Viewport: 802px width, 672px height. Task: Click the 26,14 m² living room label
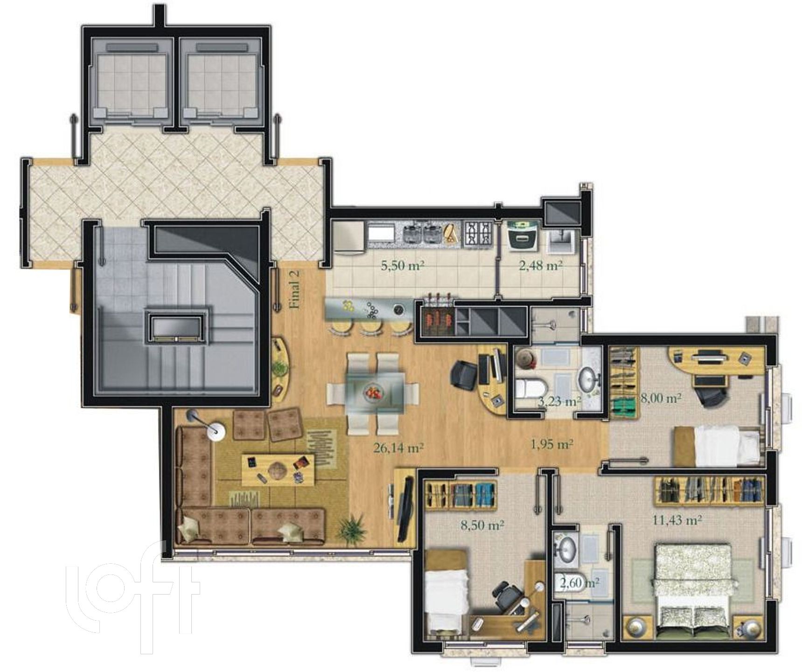click(398, 448)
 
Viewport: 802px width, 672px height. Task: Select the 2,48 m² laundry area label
click(540, 266)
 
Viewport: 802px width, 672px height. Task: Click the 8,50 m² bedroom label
click(482, 525)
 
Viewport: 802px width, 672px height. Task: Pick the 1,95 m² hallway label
click(551, 444)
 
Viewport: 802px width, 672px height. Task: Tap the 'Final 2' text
click(295, 290)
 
